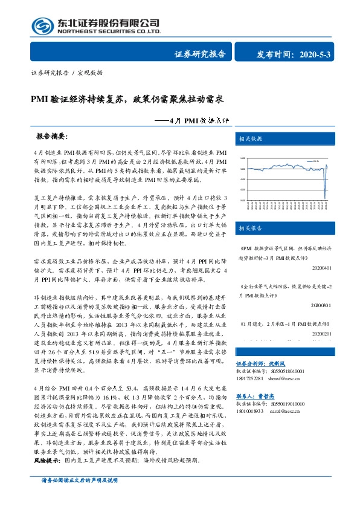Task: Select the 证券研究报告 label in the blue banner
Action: point(200,54)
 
